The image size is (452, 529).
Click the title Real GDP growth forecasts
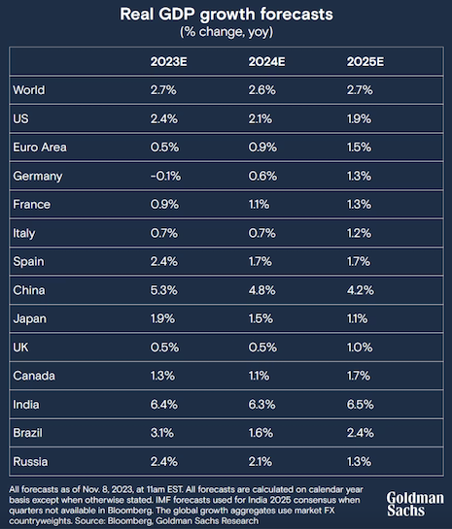coord(225,15)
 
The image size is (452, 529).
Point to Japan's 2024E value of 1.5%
coord(261,318)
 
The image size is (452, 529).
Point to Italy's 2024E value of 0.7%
coord(261,233)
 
